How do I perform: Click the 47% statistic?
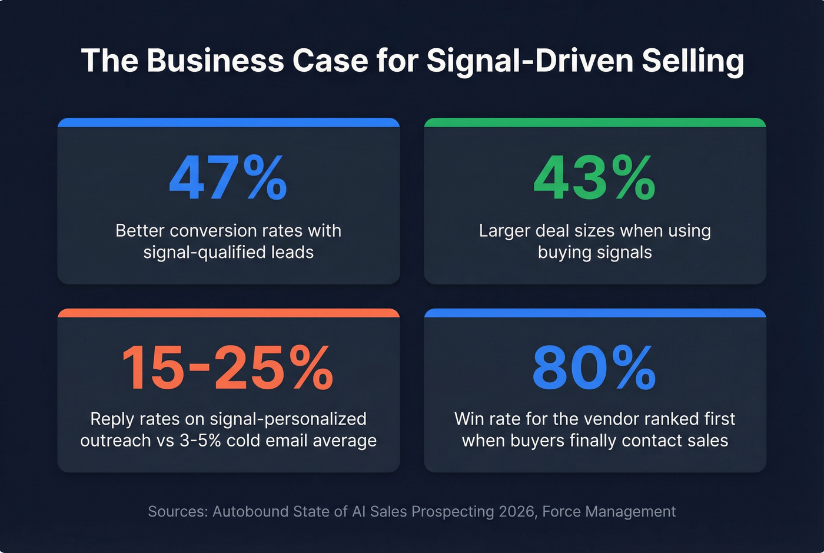click(x=228, y=178)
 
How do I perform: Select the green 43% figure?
click(x=594, y=178)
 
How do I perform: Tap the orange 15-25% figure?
click(x=228, y=369)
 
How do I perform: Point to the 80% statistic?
click(x=594, y=369)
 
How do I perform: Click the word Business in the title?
click(x=215, y=61)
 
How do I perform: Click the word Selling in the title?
click(x=693, y=61)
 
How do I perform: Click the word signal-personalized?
click(x=288, y=419)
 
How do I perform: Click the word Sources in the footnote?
click(x=178, y=511)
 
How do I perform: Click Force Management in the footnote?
click(x=609, y=511)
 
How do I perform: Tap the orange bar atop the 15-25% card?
click(x=228, y=313)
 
